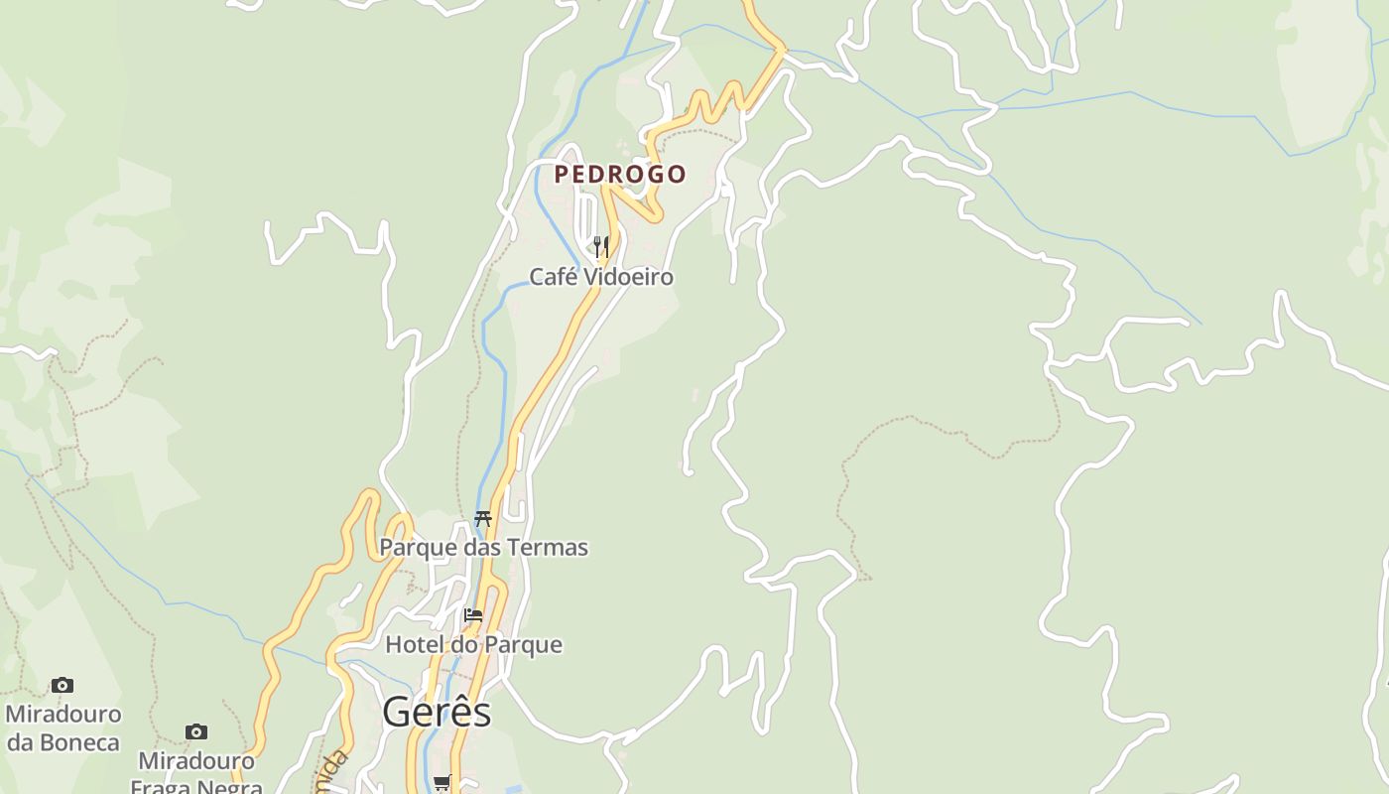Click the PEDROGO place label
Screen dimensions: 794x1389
pos(620,175)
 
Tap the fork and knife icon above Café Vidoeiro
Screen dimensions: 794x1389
pos(600,245)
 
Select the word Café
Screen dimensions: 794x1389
pos(552,277)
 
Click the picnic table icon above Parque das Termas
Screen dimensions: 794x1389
pos(483,518)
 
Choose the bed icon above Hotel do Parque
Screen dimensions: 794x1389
pos(473,615)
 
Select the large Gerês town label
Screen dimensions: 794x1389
pos(437,713)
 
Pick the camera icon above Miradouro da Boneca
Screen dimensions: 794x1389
pos(63,685)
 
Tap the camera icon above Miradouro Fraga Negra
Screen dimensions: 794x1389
pos(196,731)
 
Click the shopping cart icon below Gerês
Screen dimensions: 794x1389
pos(442,783)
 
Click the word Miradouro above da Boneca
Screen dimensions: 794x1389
pos(63,715)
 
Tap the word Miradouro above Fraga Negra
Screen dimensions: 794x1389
pos(196,761)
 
